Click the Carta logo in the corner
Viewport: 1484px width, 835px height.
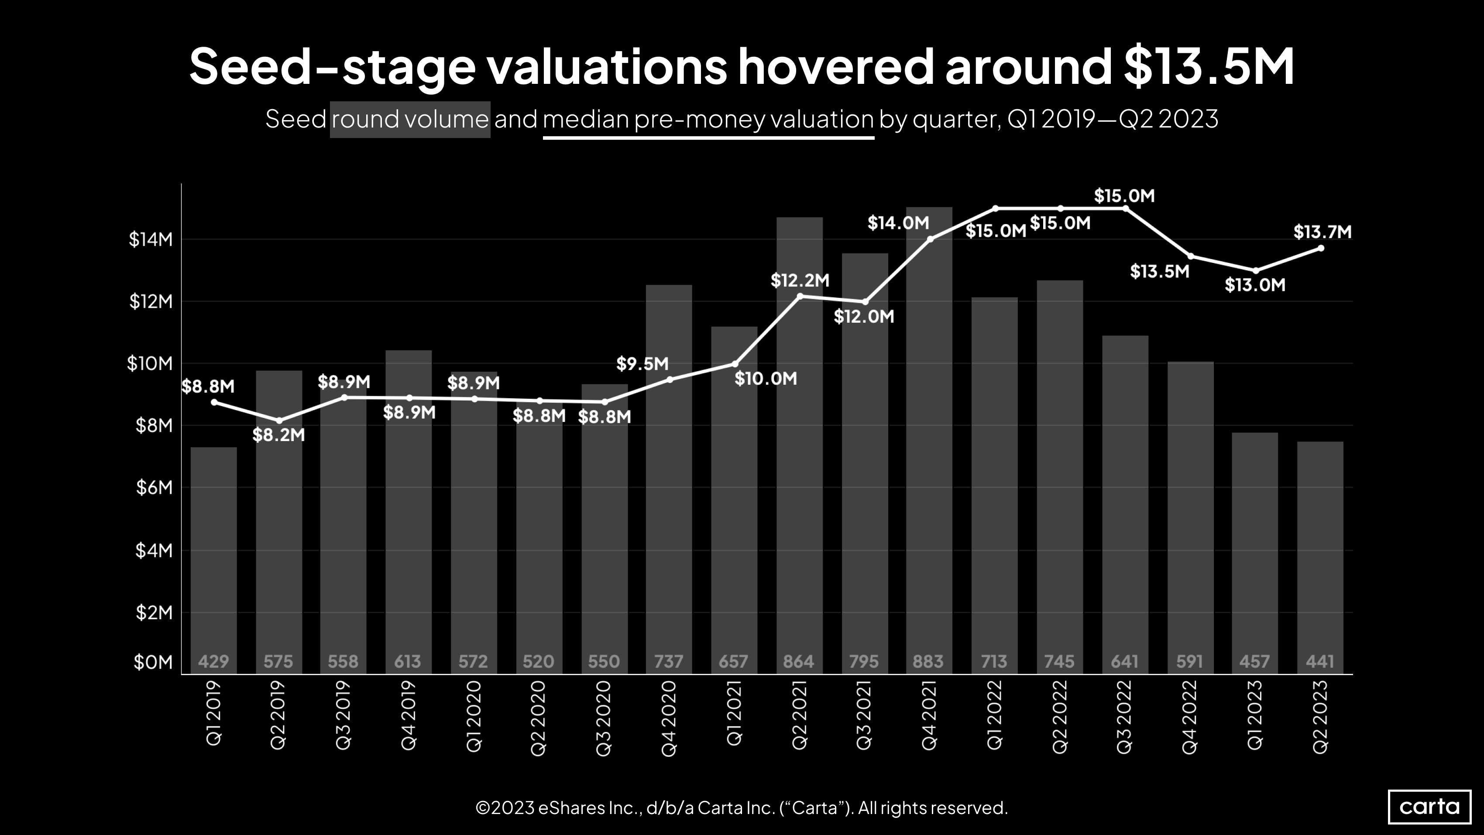click(1429, 806)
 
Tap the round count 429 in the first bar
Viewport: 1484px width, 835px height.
click(213, 661)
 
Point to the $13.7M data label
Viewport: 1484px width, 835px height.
click(1322, 232)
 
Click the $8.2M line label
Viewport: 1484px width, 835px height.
click(278, 435)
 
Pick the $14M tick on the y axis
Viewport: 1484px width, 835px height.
click(150, 239)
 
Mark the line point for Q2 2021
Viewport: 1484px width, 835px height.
click(800, 296)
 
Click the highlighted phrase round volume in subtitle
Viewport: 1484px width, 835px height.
click(409, 119)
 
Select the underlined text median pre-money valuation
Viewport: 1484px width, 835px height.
click(708, 119)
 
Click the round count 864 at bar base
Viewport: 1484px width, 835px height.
click(798, 661)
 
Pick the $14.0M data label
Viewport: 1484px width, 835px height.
click(898, 223)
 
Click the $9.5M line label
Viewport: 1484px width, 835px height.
click(642, 364)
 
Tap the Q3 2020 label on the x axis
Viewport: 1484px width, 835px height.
click(604, 718)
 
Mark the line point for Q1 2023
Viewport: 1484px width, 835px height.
click(1256, 271)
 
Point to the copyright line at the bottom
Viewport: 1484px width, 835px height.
click(742, 808)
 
